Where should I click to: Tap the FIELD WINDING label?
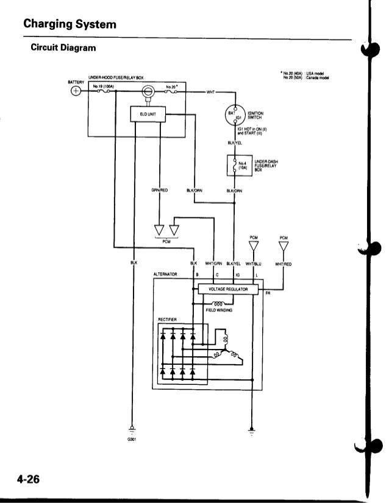(x=219, y=309)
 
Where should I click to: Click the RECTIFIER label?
(x=167, y=318)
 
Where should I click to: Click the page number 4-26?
(x=28, y=479)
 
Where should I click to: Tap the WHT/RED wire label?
(x=284, y=264)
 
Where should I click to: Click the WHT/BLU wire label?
(x=253, y=264)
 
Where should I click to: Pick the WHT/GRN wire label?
(x=214, y=264)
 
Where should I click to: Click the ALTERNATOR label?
(x=165, y=275)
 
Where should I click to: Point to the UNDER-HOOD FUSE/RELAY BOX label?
(x=116, y=78)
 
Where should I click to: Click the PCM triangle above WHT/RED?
(x=284, y=246)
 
